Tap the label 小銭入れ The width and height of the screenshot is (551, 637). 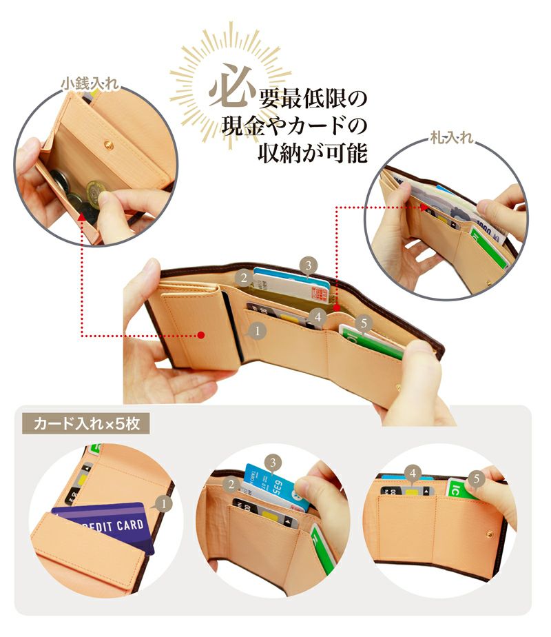point(90,83)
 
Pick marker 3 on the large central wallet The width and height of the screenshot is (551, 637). point(309,264)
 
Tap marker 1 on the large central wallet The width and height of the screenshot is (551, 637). point(256,331)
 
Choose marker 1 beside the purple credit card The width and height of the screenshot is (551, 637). point(163,505)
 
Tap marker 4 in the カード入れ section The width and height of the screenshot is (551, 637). point(413,473)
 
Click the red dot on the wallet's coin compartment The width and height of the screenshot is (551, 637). point(201,335)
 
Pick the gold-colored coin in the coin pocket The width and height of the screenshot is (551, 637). point(95,190)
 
